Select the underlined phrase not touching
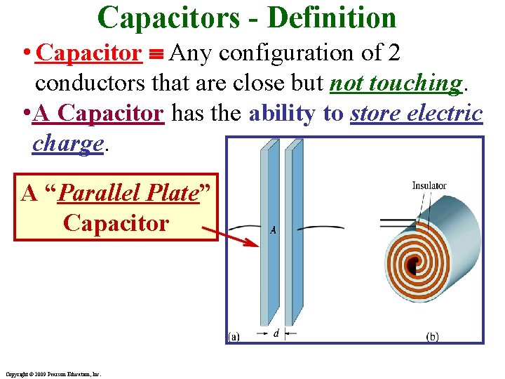click(x=396, y=83)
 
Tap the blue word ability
click(x=282, y=113)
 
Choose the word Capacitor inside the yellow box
click(x=116, y=222)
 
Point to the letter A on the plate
click(x=273, y=230)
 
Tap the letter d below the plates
click(x=276, y=333)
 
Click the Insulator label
click(x=429, y=185)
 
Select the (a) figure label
click(x=233, y=336)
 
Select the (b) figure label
click(x=432, y=336)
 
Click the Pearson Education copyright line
click(x=52, y=374)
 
